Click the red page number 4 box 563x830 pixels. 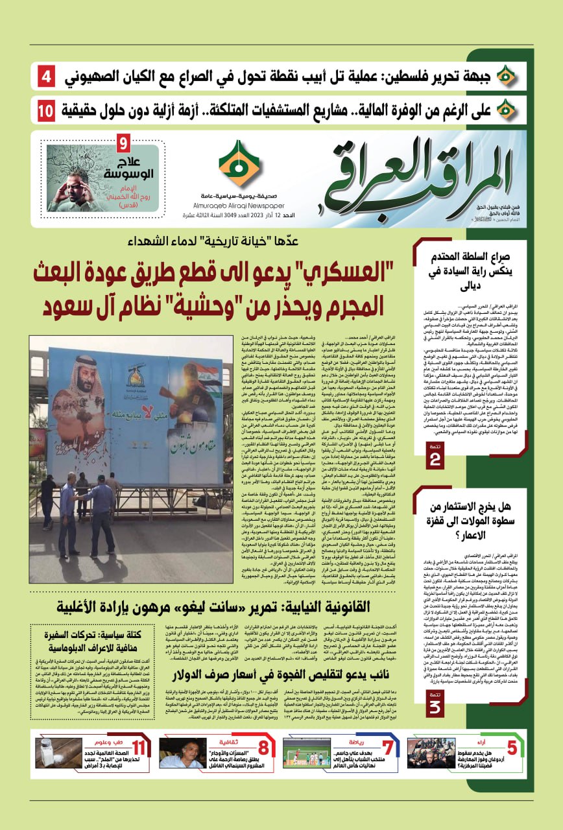click(47, 77)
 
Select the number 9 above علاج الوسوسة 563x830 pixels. click(125, 141)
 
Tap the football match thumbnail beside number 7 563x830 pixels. click(307, 753)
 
